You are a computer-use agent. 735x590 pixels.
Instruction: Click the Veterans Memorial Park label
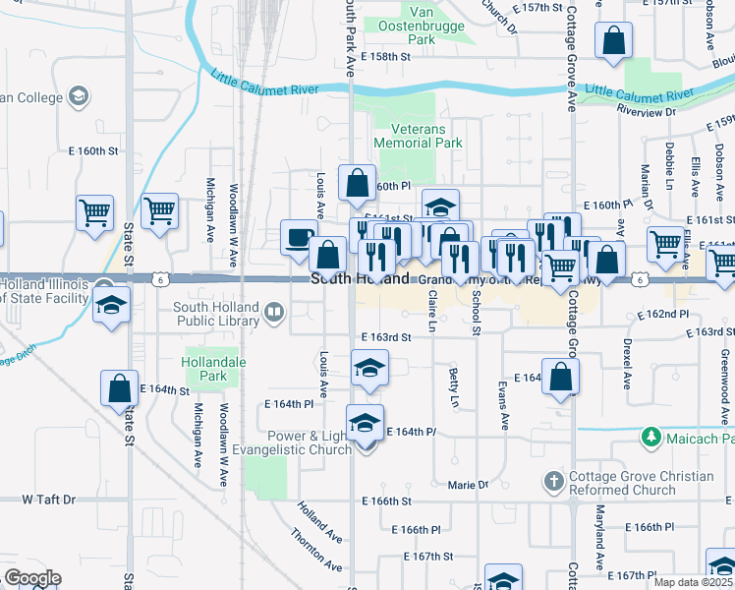tap(425, 136)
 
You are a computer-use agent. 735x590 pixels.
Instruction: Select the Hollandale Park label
tap(205, 369)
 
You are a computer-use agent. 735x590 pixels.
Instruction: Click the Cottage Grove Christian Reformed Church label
tap(641, 484)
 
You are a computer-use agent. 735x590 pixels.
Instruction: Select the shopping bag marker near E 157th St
tap(613, 42)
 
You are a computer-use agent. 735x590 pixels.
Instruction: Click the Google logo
tap(31, 577)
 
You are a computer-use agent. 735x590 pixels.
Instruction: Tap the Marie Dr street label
tap(468, 485)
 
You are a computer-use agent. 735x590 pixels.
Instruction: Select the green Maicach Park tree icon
tap(649, 436)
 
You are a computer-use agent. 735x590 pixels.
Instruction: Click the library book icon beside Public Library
tap(274, 314)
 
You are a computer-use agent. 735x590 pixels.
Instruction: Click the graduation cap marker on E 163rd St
tap(369, 368)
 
